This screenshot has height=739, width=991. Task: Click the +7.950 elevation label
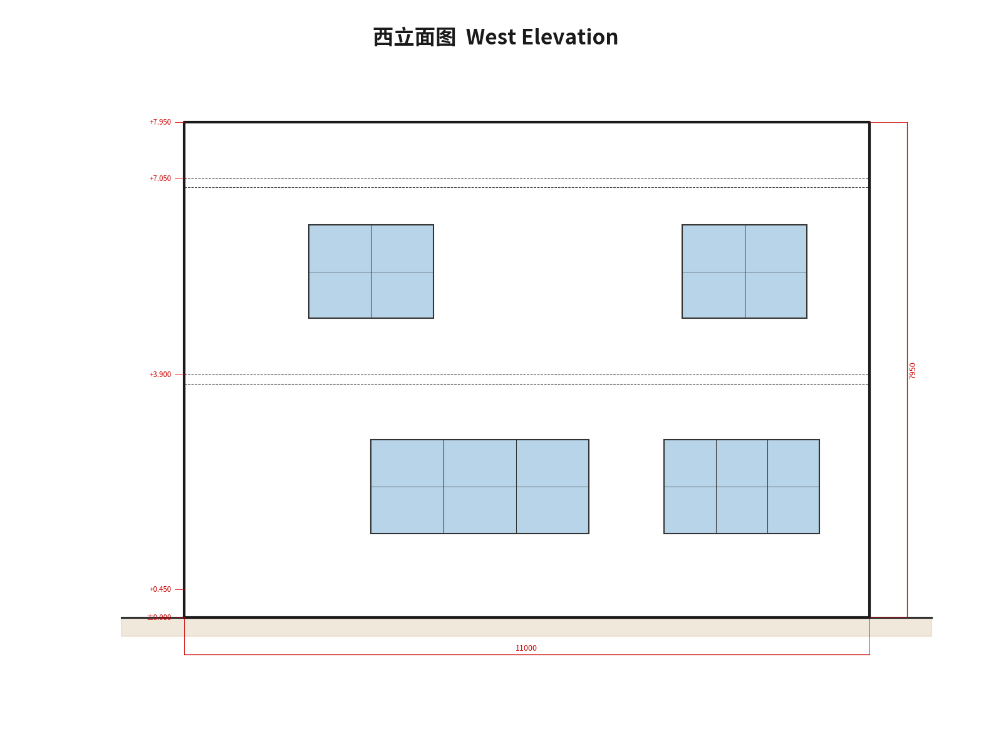click(x=160, y=122)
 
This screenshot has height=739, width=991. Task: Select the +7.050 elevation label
click(x=160, y=178)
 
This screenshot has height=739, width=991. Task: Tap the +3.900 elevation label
click(x=160, y=375)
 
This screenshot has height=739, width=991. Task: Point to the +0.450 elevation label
click(x=160, y=589)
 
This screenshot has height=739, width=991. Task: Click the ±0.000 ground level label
click(x=159, y=618)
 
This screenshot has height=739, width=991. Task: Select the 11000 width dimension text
click(x=526, y=648)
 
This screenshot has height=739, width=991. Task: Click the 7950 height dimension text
click(x=913, y=371)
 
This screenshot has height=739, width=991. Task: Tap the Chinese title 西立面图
click(x=414, y=38)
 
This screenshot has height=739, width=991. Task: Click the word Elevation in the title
click(x=569, y=38)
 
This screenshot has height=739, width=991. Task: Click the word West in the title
click(x=490, y=38)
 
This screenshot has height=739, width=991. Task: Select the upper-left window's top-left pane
click(x=340, y=249)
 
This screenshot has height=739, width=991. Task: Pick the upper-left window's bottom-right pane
click(x=402, y=295)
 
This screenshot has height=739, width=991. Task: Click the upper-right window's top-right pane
click(x=776, y=249)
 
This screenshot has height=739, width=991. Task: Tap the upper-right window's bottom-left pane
click(x=713, y=295)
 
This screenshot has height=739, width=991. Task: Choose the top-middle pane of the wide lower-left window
click(x=480, y=463)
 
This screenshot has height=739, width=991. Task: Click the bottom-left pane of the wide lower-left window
click(x=407, y=510)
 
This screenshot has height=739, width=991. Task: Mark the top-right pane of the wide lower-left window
click(x=553, y=463)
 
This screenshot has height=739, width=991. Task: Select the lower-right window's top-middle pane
click(x=742, y=463)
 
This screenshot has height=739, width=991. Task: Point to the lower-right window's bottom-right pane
click(x=793, y=510)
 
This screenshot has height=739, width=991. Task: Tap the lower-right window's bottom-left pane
click(x=690, y=510)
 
